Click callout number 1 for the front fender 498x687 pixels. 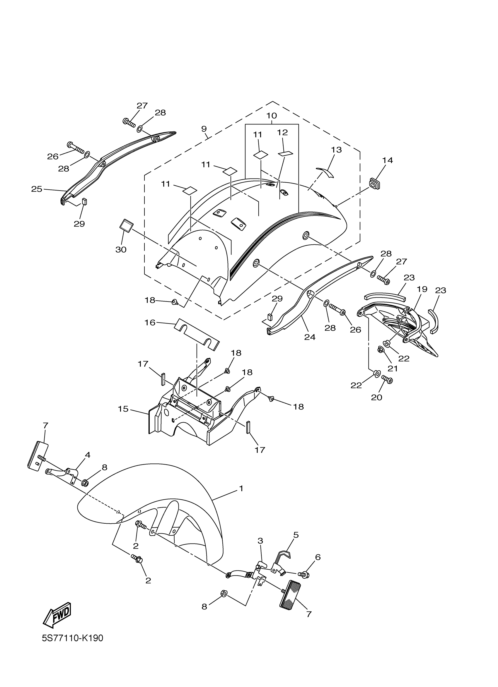241,488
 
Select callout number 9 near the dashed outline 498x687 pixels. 204,129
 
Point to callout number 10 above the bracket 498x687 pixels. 272,115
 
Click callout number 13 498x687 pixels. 336,150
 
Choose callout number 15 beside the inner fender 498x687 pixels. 123,409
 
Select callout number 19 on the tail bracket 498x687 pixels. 422,289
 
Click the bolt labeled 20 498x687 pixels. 388,379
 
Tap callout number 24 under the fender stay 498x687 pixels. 310,337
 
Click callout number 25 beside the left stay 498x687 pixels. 37,189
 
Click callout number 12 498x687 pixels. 282,132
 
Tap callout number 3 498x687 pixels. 260,541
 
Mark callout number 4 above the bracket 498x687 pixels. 88,463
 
